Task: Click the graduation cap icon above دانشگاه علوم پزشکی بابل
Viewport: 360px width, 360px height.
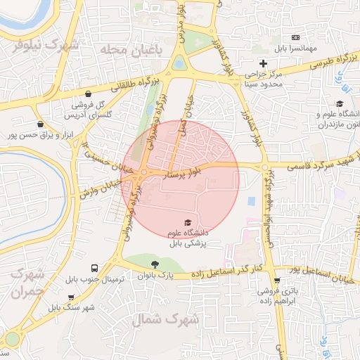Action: (187, 223)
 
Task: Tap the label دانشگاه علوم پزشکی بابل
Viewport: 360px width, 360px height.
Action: (187, 238)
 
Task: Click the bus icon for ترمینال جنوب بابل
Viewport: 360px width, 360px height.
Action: (94, 269)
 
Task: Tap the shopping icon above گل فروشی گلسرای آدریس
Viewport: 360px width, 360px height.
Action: (88, 94)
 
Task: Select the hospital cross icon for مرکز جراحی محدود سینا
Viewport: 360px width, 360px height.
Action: (264, 64)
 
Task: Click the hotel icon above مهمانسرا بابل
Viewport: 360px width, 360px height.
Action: (296, 37)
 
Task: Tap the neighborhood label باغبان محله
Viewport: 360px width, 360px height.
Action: (130, 49)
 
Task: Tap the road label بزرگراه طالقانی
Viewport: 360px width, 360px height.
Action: (129, 86)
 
